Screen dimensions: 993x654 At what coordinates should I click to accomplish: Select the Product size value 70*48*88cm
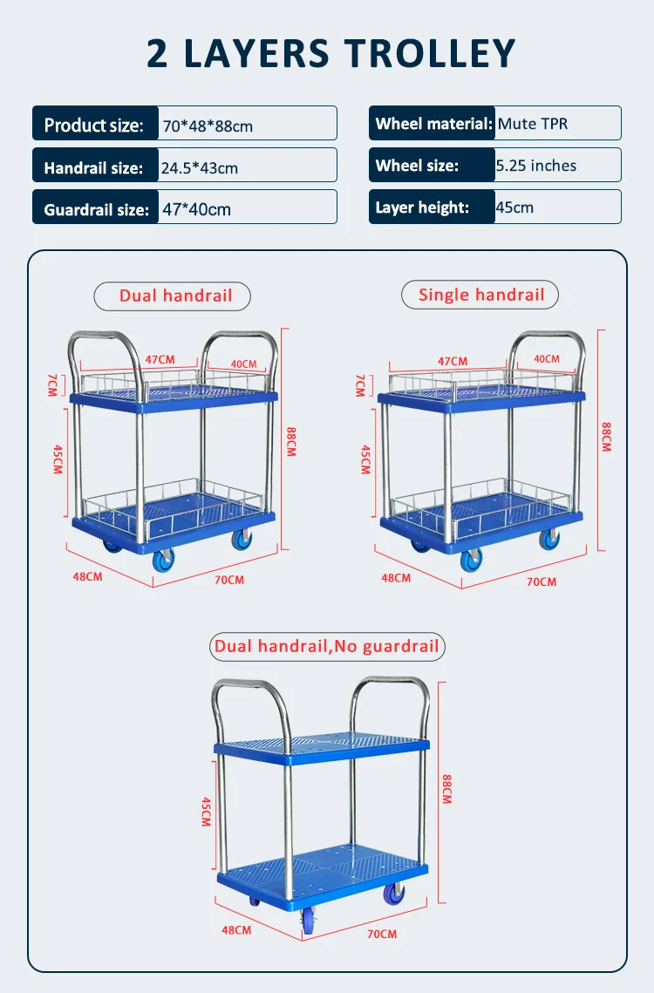point(208,126)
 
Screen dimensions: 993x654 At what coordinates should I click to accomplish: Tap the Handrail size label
point(93,167)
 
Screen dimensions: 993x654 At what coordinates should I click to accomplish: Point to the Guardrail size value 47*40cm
point(197,209)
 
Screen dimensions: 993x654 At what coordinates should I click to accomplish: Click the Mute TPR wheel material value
point(533,124)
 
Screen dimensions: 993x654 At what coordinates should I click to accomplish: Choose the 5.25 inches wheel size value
point(536,166)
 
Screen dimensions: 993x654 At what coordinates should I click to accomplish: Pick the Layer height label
point(422,207)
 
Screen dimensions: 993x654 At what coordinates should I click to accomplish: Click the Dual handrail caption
point(175,296)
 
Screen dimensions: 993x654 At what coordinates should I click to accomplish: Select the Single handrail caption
point(481,295)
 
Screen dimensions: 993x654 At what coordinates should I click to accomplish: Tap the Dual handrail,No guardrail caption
point(327,646)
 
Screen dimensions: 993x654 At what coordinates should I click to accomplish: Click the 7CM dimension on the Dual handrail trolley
point(51,384)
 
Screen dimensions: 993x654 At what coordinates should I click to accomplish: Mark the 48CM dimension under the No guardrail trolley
point(236,930)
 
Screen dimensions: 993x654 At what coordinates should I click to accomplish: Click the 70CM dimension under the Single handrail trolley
point(542,582)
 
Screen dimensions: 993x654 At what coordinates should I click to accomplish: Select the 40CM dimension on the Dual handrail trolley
point(243,364)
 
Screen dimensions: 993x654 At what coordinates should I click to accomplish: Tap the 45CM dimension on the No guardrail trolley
point(205,810)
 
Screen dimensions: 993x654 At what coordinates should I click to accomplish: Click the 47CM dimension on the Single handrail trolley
point(453,361)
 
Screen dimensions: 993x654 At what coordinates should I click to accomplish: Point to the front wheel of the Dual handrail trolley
point(164,561)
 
